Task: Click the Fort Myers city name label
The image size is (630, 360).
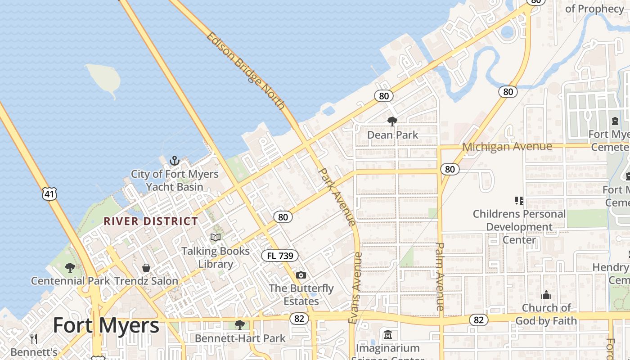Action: coord(106,325)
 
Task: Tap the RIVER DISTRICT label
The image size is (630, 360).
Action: coord(151,221)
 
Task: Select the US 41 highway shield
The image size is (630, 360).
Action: coord(49,194)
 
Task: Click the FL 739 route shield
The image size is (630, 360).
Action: coord(280,256)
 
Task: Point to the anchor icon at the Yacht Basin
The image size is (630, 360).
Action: coord(174,161)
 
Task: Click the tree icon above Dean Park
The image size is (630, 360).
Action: coord(392,121)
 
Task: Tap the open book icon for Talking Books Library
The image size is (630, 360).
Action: coord(216,237)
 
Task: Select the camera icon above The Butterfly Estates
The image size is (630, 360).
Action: coord(301,275)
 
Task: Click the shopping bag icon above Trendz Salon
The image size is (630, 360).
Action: coord(146,268)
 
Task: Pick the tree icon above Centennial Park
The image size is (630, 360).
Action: coord(70,268)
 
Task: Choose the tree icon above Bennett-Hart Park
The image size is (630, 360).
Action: coord(240,324)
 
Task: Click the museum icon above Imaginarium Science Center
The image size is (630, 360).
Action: coord(388,335)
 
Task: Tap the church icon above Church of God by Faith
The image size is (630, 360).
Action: coord(546,295)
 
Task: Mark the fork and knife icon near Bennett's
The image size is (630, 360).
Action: coord(34,338)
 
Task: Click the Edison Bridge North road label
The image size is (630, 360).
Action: coord(246,71)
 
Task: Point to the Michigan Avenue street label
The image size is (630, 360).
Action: coord(507,147)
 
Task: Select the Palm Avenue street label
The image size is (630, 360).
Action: coord(441,276)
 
